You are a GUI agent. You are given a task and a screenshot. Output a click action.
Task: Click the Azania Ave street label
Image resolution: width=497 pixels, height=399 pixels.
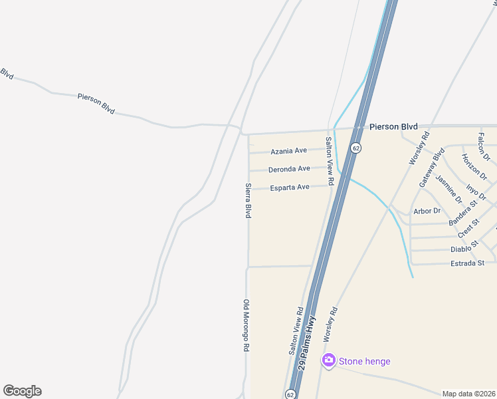[288, 152]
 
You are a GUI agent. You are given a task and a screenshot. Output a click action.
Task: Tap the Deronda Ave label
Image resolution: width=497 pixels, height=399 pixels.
[289, 170]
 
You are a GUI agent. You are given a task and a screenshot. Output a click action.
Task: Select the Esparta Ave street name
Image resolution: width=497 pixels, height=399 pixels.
[290, 188]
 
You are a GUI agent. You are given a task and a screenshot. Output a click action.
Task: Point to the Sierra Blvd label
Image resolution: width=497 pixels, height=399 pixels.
[248, 201]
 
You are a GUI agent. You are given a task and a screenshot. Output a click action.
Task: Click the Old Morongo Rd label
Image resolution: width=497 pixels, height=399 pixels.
[245, 325]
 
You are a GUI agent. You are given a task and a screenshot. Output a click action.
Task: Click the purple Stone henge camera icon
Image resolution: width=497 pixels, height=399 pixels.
[328, 361]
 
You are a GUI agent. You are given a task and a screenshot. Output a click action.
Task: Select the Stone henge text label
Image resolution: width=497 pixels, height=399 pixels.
[365, 362]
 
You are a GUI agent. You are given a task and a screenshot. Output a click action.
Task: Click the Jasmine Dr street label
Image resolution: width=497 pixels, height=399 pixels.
[448, 188]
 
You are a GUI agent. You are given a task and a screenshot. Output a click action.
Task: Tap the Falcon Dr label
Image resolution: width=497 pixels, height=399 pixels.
[483, 146]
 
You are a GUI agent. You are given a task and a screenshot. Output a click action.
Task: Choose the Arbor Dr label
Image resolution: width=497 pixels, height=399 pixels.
[427, 211]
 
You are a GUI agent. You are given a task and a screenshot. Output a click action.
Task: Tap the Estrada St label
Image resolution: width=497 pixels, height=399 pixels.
[467, 263]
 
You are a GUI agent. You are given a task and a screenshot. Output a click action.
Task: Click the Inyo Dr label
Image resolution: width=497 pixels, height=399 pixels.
[476, 193]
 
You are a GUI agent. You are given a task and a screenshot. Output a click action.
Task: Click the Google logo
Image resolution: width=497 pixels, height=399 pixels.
[22, 391]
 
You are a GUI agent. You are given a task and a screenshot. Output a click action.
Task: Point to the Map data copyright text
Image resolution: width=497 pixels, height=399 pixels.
[468, 394]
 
